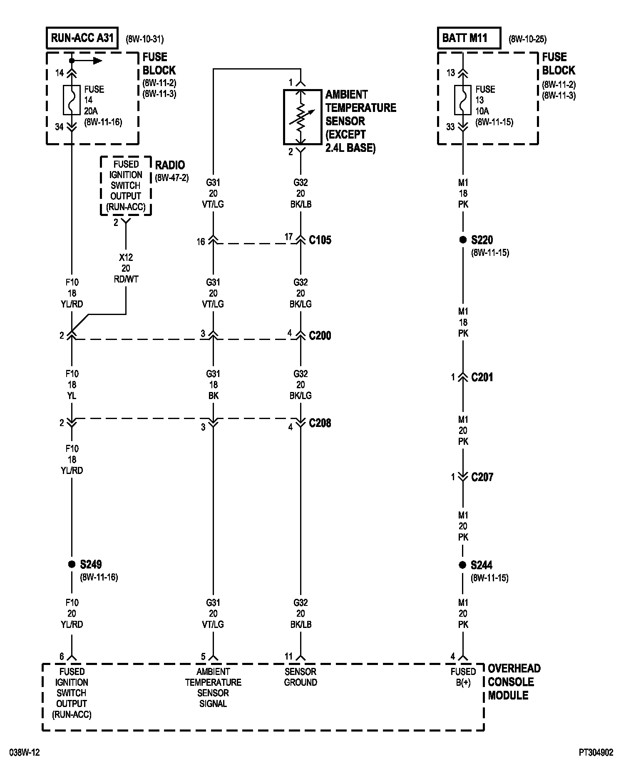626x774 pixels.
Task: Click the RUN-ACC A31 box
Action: point(82,38)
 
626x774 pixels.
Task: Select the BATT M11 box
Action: point(469,38)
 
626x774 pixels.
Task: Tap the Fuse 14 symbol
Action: point(72,100)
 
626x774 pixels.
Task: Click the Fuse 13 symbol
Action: point(463,100)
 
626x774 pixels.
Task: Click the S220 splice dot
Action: point(463,240)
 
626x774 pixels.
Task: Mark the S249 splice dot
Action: point(72,565)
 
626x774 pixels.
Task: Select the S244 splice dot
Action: point(462,565)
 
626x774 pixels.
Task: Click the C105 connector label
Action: point(320,240)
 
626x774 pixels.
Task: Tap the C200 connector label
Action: point(320,336)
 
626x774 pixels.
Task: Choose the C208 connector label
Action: point(320,423)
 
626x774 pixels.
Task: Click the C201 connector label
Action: point(482,377)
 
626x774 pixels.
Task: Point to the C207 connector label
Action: point(482,477)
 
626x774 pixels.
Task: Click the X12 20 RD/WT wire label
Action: point(126,268)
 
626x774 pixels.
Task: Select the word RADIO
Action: point(170,165)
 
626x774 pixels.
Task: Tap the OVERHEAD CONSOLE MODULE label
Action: point(514,682)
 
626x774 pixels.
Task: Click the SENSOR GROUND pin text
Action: point(301,677)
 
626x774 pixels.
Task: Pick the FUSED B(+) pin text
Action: point(463,677)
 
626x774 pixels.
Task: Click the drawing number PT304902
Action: point(596,753)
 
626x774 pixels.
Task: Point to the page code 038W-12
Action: point(25,753)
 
